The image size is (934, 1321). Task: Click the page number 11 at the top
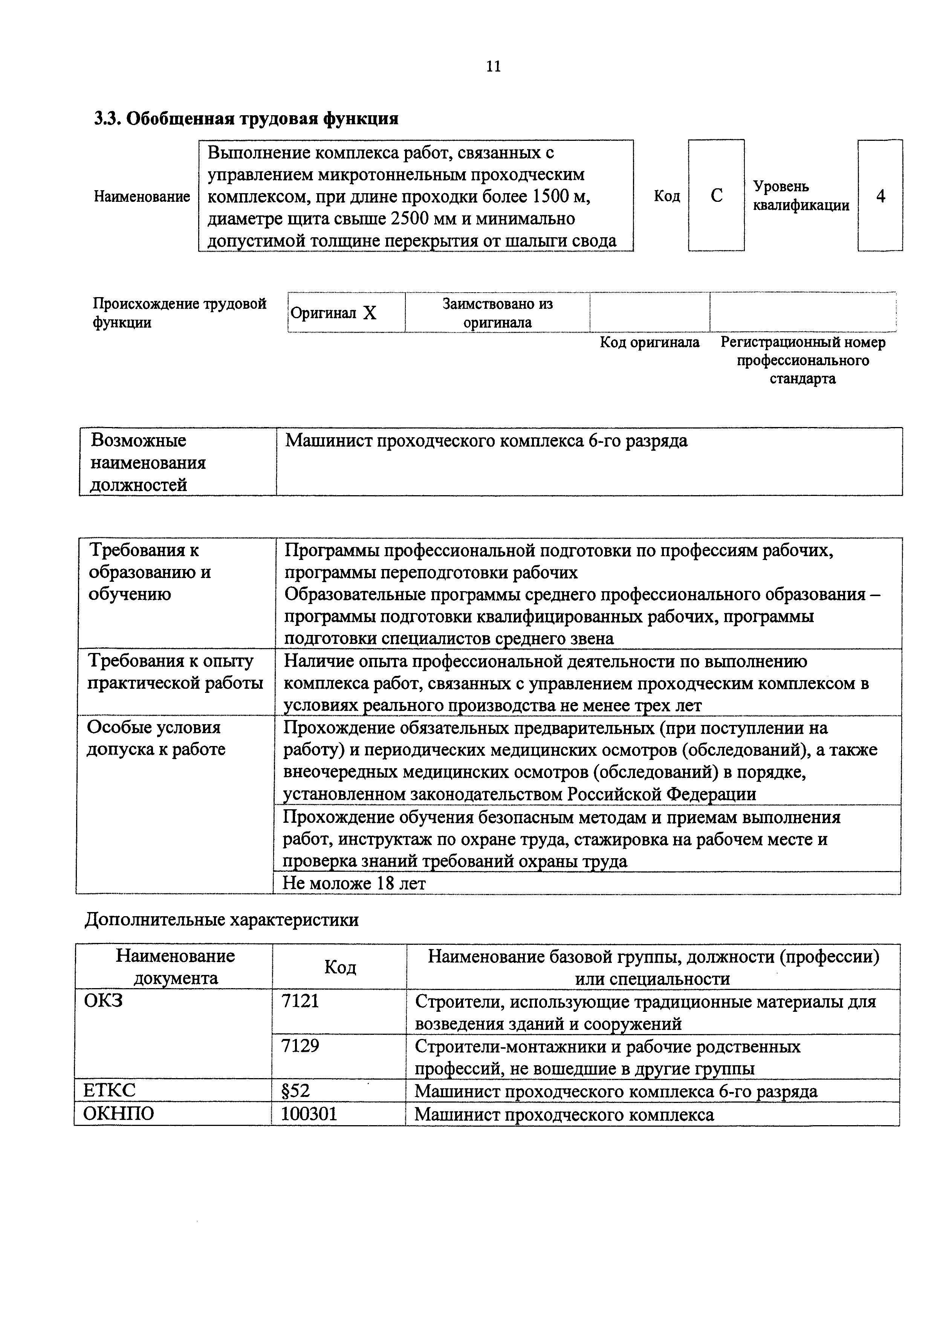(x=493, y=67)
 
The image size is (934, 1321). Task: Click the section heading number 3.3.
(x=108, y=119)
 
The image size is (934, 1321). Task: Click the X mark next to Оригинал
(x=370, y=313)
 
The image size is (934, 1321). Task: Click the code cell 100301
(x=309, y=1114)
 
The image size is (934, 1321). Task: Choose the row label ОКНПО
(x=119, y=1114)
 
